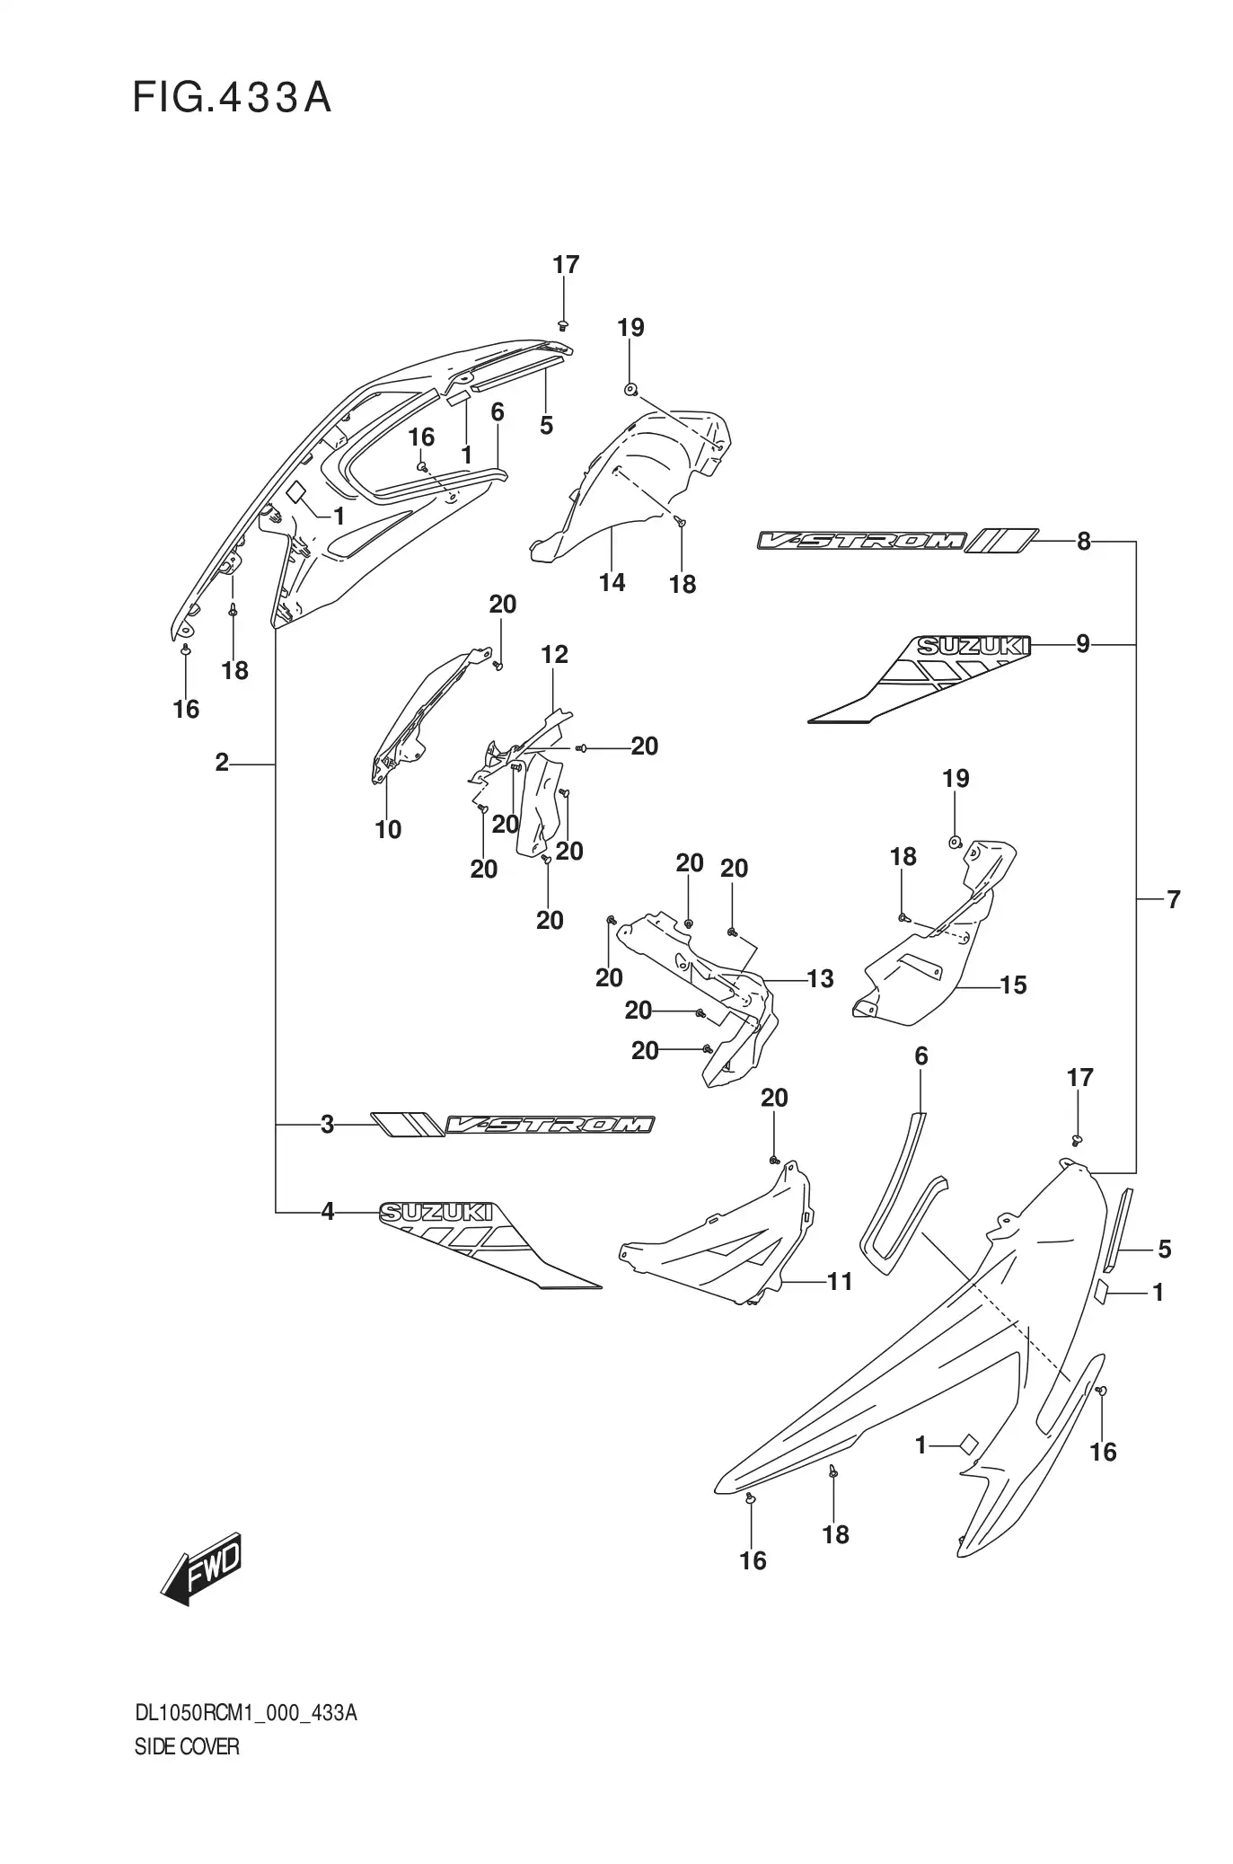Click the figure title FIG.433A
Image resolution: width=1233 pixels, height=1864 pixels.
pyautogui.click(x=232, y=98)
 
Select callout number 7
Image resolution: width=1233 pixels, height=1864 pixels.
pyautogui.click(x=1173, y=898)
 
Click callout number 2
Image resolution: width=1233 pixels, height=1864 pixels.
pyautogui.click(x=222, y=763)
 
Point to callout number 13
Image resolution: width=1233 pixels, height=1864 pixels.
pyautogui.click(x=820, y=978)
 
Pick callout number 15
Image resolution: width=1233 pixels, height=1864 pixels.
pyautogui.click(x=1012, y=985)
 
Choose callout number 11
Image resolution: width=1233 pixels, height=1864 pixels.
pyautogui.click(x=839, y=1281)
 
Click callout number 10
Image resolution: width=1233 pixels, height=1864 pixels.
pyautogui.click(x=388, y=829)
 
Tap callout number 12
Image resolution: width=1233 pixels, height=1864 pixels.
pyautogui.click(x=554, y=655)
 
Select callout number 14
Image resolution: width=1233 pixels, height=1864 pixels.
pyautogui.click(x=612, y=582)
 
